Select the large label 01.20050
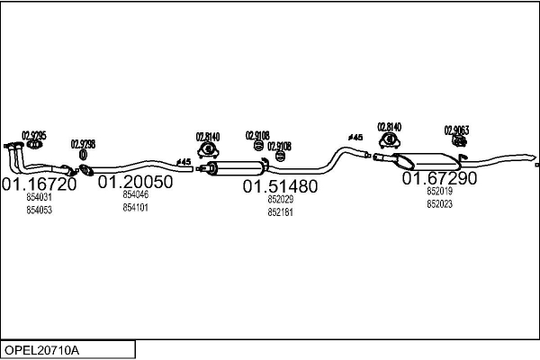[135, 182]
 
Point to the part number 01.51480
[280, 186]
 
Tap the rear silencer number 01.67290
[439, 178]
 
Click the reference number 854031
[39, 198]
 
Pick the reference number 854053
[39, 211]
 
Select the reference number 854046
[135, 194]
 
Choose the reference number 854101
[135, 207]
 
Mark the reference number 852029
[280, 200]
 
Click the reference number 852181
[280, 212]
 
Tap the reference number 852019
[439, 192]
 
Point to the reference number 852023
[439, 204]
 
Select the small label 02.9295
[34, 135]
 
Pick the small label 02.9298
[84, 144]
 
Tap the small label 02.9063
[456, 130]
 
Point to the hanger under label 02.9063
[457, 140]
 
